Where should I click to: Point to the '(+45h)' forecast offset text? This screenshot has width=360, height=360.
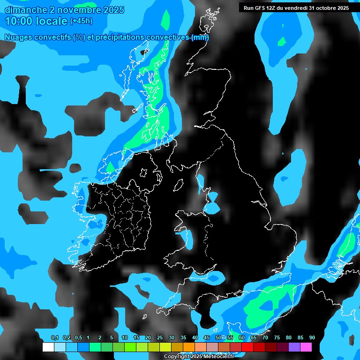(81, 21)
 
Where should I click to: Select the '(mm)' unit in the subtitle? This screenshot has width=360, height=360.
(200, 37)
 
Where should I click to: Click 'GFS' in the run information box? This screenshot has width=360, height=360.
(261, 8)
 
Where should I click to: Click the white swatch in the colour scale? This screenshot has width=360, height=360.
(48, 347)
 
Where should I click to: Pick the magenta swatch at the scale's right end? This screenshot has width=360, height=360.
(306, 347)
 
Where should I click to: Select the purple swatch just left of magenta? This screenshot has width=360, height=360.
(294, 347)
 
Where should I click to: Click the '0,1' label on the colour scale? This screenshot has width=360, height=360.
(54, 338)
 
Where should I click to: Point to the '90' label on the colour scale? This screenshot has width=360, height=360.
(312, 338)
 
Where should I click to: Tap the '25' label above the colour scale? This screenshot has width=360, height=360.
(160, 338)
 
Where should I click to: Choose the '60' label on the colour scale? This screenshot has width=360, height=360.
(242, 338)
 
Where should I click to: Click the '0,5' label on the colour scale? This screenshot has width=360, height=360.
(78, 338)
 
